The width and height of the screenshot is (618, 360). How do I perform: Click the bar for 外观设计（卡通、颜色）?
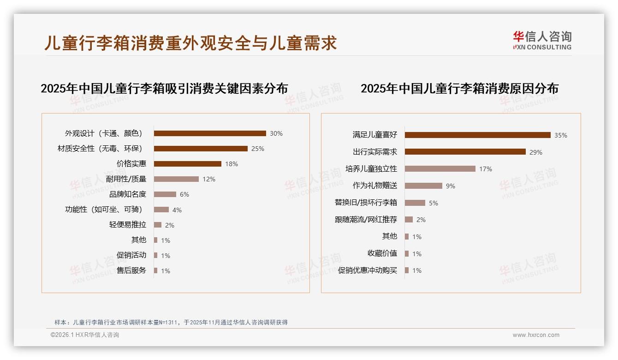coord(210,133)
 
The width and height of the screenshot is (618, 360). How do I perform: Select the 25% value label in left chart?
coord(257,149)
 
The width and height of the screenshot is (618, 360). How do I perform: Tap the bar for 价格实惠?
coord(187,164)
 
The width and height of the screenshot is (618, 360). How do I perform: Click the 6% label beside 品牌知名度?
coord(184,194)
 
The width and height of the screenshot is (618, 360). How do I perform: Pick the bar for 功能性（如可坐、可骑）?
coord(161,210)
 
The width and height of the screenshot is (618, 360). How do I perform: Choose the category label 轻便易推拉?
coord(128,225)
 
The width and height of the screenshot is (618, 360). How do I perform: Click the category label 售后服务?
coord(131,270)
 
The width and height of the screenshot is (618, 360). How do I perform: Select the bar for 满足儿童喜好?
coord(477,135)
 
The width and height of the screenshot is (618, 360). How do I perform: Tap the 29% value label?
coord(535,152)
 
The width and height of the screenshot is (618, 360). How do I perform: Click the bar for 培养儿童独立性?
coord(440,169)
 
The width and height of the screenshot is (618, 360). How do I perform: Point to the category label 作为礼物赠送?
coord(374,186)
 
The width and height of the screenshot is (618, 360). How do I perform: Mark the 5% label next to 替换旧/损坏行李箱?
coord(433,203)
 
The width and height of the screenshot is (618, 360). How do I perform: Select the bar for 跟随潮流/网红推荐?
coord(409,220)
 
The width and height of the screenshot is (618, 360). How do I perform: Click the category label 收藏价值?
coord(382,253)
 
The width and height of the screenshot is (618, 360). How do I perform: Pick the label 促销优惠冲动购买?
coord(367,270)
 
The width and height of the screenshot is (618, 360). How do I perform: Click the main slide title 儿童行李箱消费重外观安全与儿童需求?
coord(190,43)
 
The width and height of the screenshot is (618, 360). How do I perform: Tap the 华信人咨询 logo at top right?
coord(542,40)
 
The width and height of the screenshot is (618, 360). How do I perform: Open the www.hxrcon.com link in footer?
coord(536,335)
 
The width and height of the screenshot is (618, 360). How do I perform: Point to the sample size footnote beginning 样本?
coord(171,322)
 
